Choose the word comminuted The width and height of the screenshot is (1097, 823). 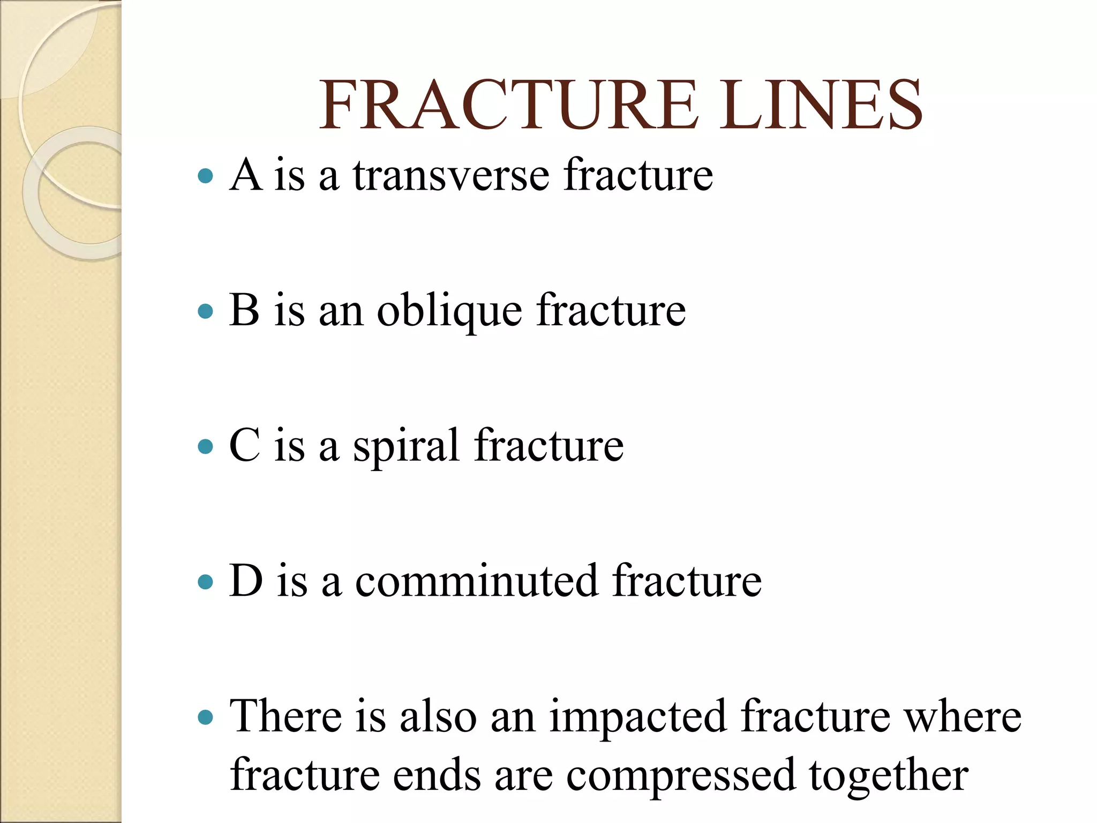point(476,581)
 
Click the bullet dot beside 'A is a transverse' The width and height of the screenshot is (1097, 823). point(205,176)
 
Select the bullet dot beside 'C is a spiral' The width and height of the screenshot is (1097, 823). point(205,446)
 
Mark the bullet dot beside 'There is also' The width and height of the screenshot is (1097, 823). point(205,717)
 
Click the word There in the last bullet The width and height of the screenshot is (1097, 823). point(285,716)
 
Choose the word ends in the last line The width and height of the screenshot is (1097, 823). point(437,775)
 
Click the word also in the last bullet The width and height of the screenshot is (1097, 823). point(438,716)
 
